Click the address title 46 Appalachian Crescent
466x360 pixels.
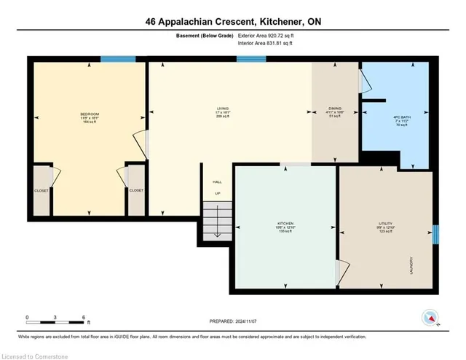tap(232, 22)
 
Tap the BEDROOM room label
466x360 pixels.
tap(90, 114)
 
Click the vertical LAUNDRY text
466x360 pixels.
tap(412, 264)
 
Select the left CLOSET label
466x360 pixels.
tap(42, 190)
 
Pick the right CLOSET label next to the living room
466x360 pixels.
tap(136, 190)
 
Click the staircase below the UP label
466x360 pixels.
tap(216, 221)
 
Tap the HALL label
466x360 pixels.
tap(216, 181)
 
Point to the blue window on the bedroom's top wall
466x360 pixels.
tap(113, 60)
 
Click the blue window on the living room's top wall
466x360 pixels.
tap(250, 60)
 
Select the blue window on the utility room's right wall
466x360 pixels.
tap(435, 235)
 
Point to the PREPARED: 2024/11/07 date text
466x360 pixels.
tap(232, 321)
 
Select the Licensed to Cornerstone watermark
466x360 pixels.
tap(36, 354)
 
